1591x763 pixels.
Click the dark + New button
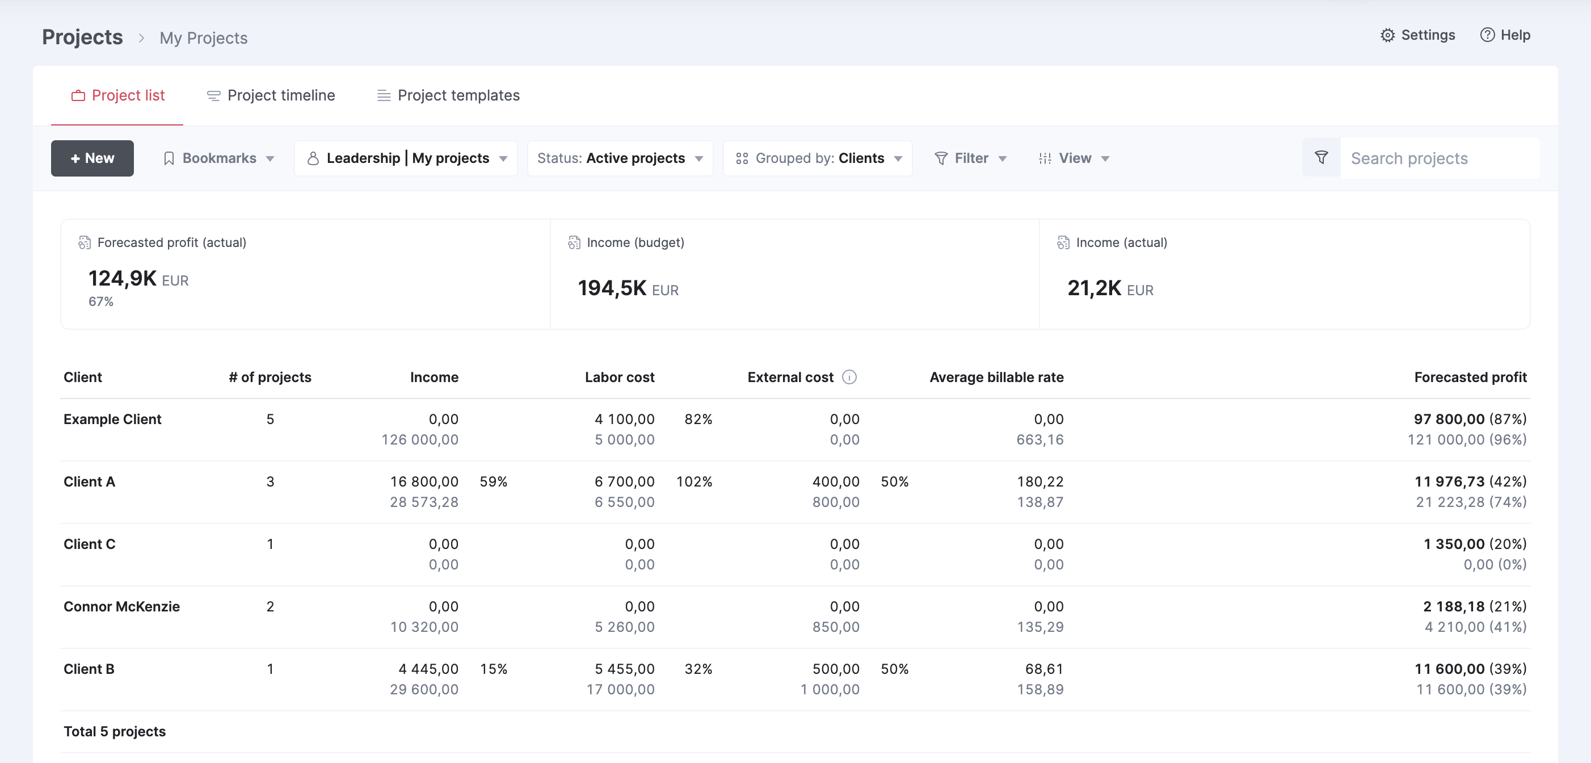coord(92,158)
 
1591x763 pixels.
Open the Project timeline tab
coord(271,95)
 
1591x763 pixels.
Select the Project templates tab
coord(448,95)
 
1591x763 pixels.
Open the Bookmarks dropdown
coord(218,158)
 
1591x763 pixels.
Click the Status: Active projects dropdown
coord(620,158)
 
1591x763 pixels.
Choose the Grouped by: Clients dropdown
coord(818,158)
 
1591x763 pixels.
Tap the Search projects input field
coord(1439,158)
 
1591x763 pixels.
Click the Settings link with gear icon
coord(1417,35)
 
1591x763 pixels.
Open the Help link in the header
coord(1505,35)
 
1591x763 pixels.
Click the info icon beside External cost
coord(849,377)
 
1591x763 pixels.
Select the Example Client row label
coord(112,419)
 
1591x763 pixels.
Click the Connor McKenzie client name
coord(121,606)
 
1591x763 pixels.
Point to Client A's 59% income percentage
coord(494,481)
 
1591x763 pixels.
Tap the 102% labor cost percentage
coord(694,481)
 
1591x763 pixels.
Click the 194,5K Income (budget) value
coord(612,288)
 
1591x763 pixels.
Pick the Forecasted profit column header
coord(1471,377)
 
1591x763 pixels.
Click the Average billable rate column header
coord(997,377)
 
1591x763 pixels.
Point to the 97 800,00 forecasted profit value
coord(1449,419)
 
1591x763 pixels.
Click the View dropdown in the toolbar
coord(1074,158)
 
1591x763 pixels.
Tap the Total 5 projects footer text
coord(115,731)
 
